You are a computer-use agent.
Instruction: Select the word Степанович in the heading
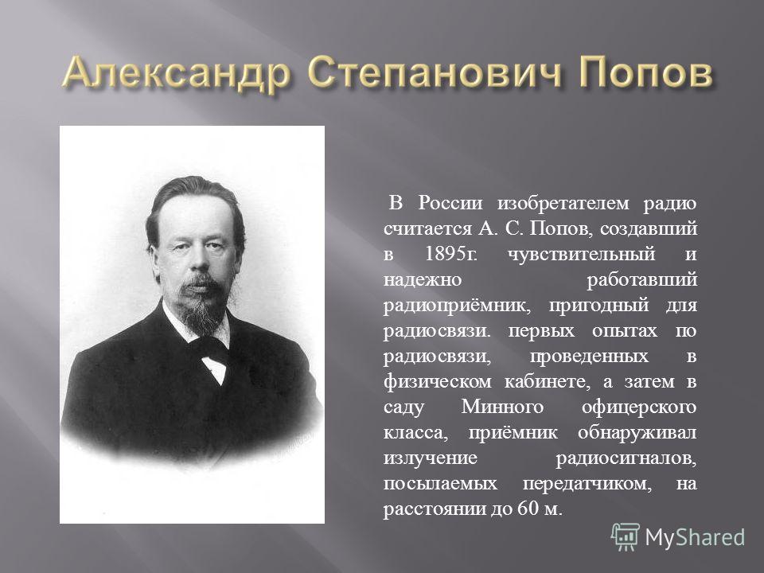point(435,73)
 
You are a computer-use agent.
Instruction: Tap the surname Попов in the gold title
point(646,72)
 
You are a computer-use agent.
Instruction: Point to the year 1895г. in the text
point(450,254)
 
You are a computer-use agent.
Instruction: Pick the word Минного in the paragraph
point(502,407)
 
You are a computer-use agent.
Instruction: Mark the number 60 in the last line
point(528,509)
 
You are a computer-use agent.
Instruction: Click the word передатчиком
point(587,483)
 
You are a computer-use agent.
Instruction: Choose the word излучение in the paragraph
point(431,458)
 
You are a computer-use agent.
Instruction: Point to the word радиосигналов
point(626,458)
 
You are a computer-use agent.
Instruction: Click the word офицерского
point(639,407)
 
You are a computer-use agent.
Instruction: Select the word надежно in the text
point(423,279)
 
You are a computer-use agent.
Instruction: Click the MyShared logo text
point(695,537)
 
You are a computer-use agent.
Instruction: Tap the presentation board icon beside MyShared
point(626,536)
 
